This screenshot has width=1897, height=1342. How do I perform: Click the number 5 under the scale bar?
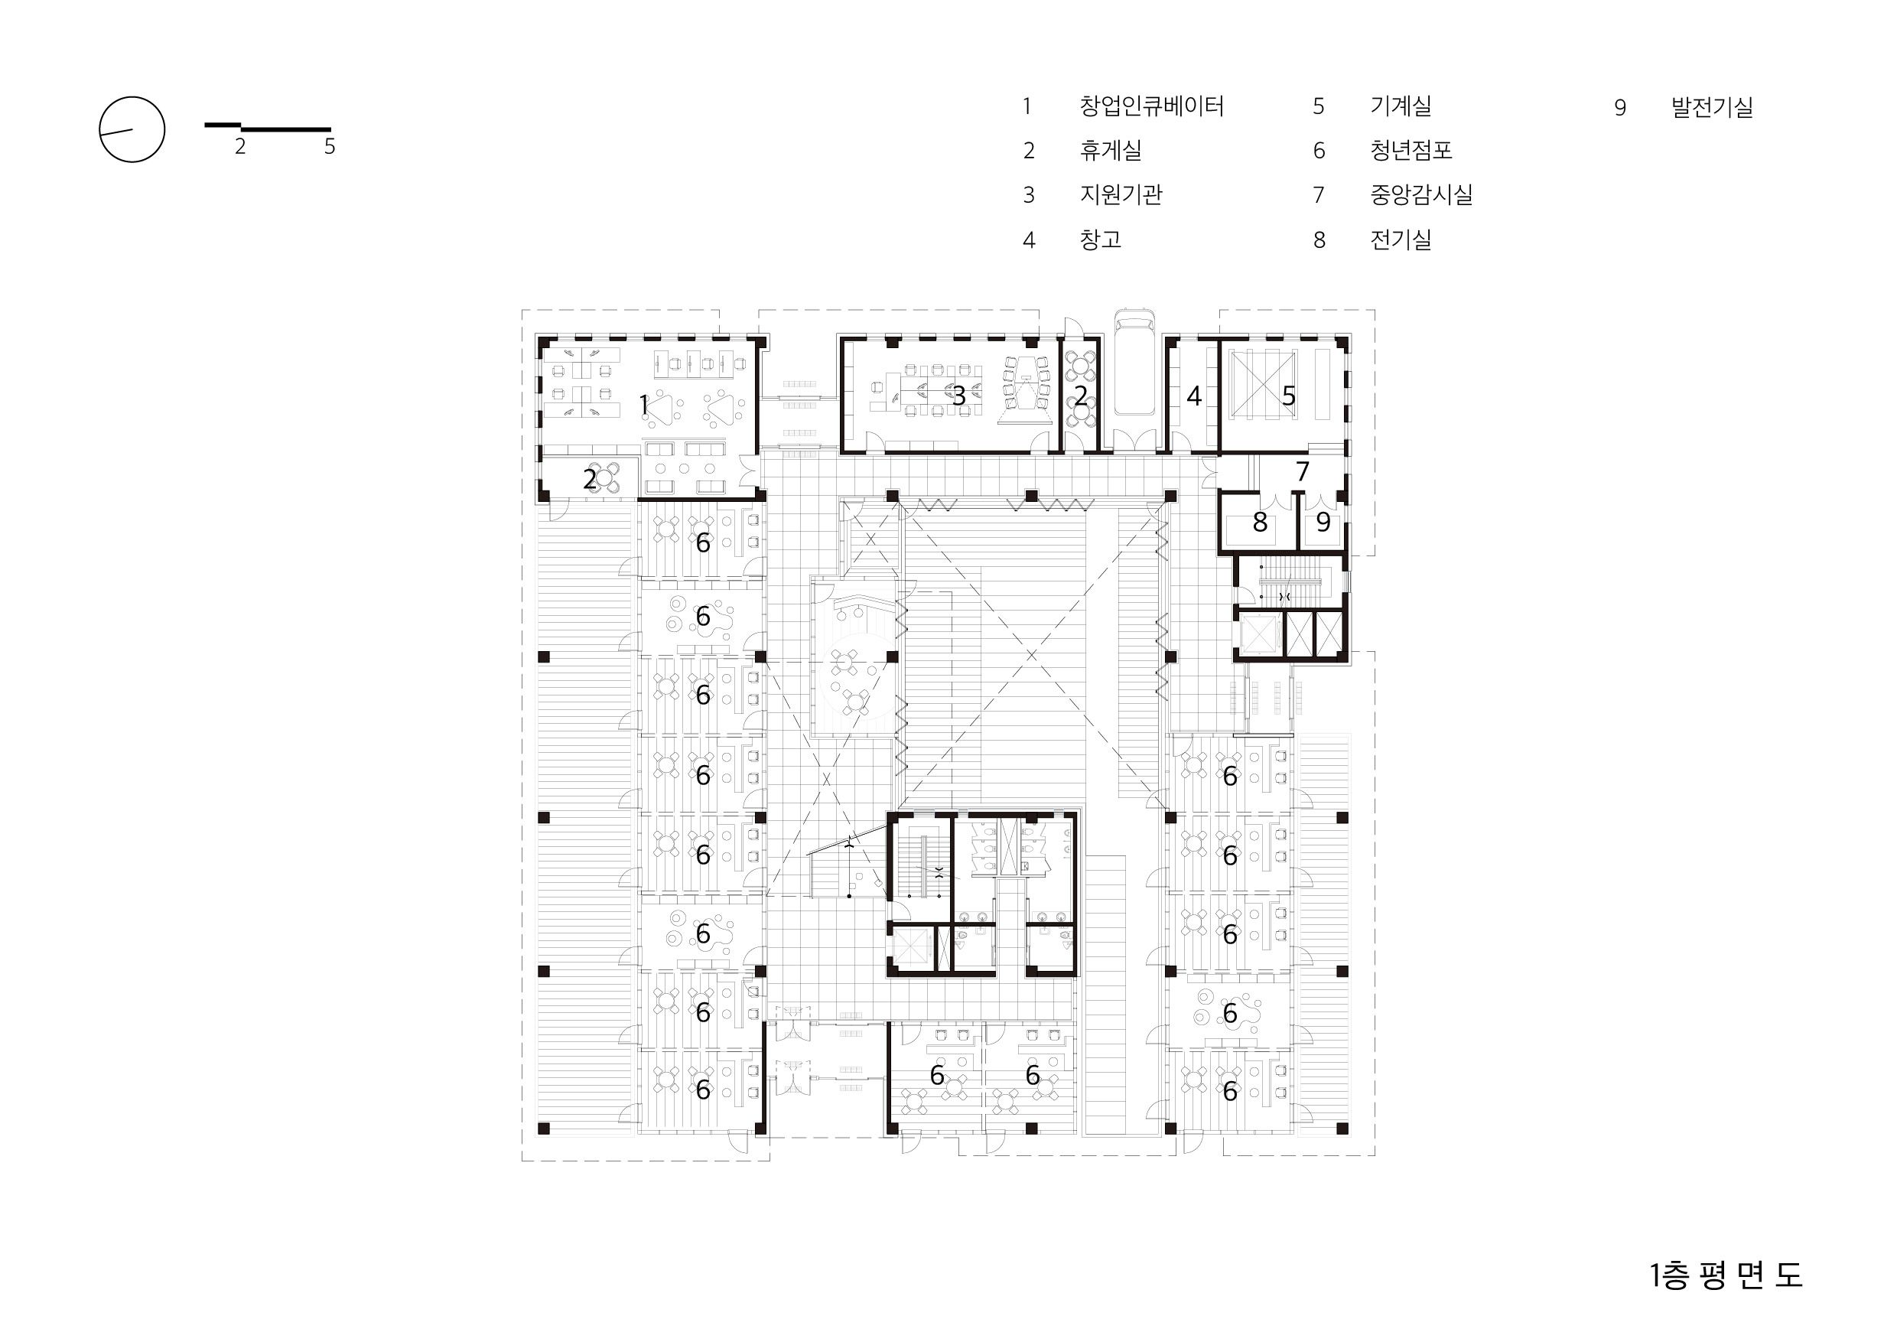(x=330, y=147)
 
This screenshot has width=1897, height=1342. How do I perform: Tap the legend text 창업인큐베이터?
(x=1151, y=106)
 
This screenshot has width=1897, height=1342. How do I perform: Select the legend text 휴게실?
(x=1111, y=151)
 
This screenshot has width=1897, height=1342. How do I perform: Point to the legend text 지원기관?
(x=1121, y=195)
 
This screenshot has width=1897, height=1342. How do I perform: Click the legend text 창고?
(x=1101, y=239)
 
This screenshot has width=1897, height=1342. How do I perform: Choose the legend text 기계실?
(x=1401, y=106)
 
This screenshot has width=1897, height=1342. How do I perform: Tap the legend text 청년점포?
(x=1411, y=151)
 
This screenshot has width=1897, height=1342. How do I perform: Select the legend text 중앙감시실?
(x=1421, y=195)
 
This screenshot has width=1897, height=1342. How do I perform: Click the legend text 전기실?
(x=1401, y=239)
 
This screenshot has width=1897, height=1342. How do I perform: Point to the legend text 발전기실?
(x=1712, y=107)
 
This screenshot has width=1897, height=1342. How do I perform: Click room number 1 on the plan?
(x=643, y=405)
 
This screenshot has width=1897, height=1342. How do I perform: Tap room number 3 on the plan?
(x=958, y=396)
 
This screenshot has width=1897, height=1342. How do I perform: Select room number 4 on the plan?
(x=1194, y=396)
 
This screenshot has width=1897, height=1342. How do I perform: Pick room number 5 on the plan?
(x=1289, y=396)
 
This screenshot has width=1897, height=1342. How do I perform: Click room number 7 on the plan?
(x=1302, y=471)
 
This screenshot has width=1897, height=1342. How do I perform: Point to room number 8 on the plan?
(x=1259, y=522)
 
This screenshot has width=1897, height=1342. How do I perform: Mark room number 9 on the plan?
(x=1323, y=522)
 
